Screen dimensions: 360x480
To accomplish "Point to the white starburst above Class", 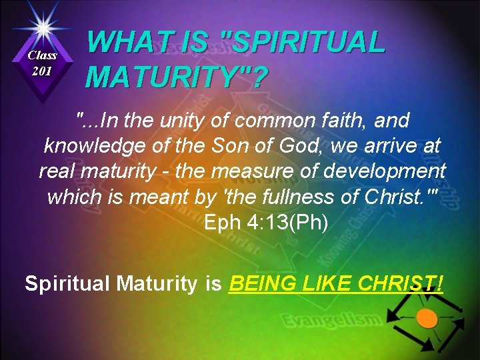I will [43, 27].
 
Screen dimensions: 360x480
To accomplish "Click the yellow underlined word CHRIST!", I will [400, 283].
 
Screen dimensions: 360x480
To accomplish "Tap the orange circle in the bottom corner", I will [427, 318].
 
